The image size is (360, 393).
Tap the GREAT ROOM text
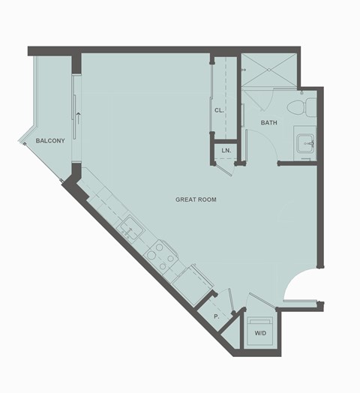(196, 199)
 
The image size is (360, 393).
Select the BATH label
(270, 122)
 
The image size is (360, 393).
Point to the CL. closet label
(219, 110)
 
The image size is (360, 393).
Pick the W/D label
(260, 332)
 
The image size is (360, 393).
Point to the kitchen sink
(132, 226)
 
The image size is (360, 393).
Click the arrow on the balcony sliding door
(77, 115)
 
